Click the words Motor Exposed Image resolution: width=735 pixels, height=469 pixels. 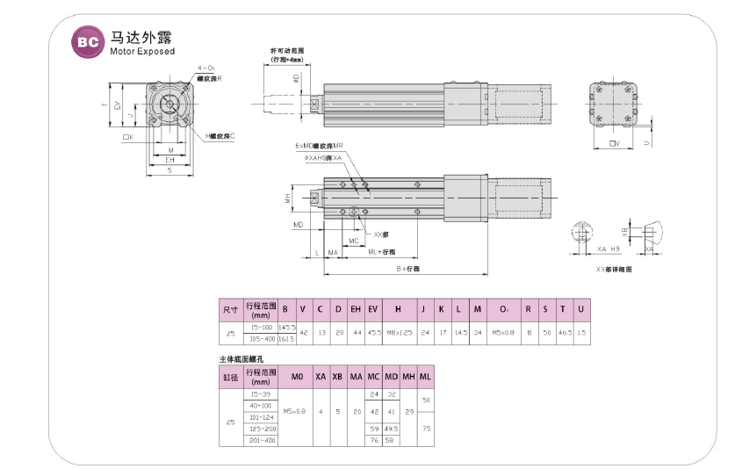tap(142, 51)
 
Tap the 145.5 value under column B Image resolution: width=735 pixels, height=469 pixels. tap(286, 327)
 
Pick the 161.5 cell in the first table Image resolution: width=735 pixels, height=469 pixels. tap(286, 339)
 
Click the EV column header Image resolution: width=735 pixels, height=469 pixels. tap(373, 308)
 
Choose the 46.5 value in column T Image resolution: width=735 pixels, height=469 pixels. tap(562, 333)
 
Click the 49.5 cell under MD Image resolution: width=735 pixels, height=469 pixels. tap(392, 429)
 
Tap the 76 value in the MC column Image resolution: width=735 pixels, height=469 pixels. tap(373, 440)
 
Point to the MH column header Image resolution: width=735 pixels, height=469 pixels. tap(408, 376)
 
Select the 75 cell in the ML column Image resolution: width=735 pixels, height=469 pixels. tap(426, 429)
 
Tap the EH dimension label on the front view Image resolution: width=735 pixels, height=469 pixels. tap(169, 161)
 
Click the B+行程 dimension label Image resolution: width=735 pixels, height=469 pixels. tap(407, 268)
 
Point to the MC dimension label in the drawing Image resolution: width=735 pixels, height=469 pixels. tap(353, 240)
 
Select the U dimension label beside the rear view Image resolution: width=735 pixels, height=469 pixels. tap(647, 140)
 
